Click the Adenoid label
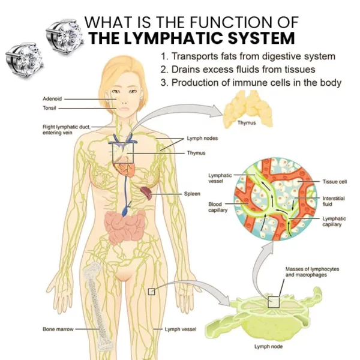click(x=52, y=99)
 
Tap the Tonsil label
click(x=49, y=108)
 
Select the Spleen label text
click(x=192, y=194)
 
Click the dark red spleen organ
click(x=146, y=193)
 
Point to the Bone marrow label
click(x=58, y=329)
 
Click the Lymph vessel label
click(x=181, y=329)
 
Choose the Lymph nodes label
click(x=202, y=138)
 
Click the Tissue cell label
click(x=335, y=182)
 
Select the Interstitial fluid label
click(x=334, y=201)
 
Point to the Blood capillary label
click(x=218, y=207)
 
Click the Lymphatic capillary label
click(x=334, y=221)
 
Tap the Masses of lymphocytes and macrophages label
click(x=312, y=272)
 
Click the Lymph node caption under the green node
click(x=268, y=346)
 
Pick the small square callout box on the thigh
click(x=152, y=292)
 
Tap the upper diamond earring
click(x=64, y=36)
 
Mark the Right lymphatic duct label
click(x=67, y=130)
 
